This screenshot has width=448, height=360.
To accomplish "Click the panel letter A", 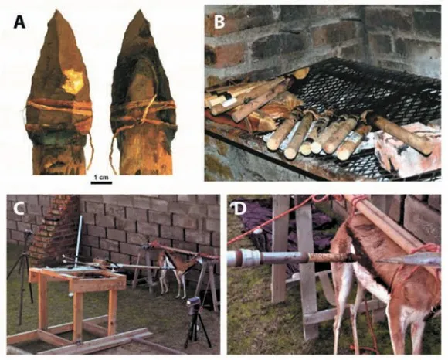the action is (x=19, y=22).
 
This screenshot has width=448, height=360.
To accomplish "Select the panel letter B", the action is (x=219, y=22).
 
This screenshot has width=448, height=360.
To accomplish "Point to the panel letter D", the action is (x=239, y=209).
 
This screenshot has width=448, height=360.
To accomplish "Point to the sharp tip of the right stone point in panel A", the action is (x=141, y=11).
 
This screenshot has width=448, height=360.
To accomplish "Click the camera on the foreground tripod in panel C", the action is (x=193, y=303).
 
